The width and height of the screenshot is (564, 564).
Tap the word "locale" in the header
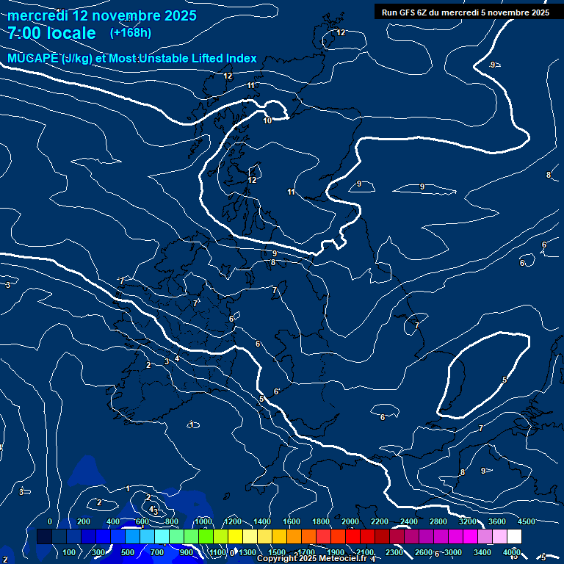click(x=72, y=33)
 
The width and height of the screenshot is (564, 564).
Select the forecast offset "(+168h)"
click(x=131, y=32)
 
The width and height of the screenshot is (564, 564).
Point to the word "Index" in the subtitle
click(x=239, y=59)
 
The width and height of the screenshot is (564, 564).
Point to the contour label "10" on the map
click(x=267, y=120)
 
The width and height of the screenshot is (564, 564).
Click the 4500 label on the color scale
click(x=526, y=521)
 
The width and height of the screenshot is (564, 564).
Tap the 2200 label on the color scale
click(x=380, y=521)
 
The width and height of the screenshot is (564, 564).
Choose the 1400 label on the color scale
click(x=262, y=521)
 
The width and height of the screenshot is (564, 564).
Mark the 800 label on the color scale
click(x=172, y=521)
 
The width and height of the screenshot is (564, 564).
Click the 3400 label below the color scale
click(x=482, y=552)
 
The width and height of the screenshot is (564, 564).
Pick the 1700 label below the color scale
click(x=306, y=552)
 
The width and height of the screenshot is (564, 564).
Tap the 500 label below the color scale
click(x=128, y=552)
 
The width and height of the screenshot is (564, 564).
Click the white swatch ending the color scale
click(x=514, y=537)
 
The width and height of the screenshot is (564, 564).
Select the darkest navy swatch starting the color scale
click(x=44, y=537)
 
